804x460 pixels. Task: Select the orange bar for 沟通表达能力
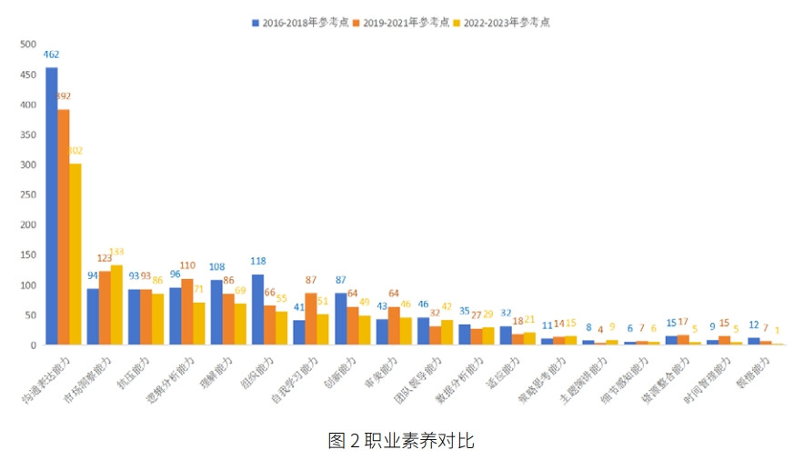64,227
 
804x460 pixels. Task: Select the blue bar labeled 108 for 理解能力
216,313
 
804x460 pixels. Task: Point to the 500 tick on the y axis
28,45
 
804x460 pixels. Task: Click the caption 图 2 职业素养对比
401,440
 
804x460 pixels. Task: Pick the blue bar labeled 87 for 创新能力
340,319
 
